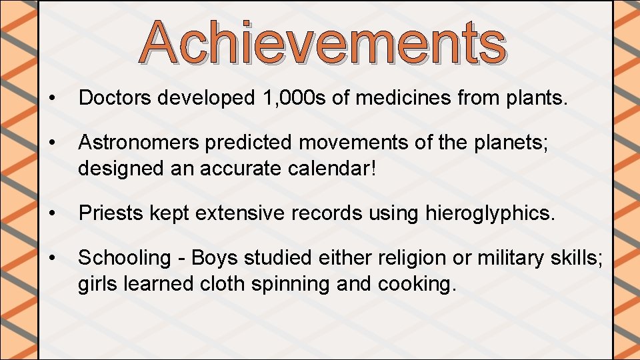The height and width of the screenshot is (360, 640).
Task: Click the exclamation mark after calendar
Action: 373,167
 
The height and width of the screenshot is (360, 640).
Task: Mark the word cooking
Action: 417,283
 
